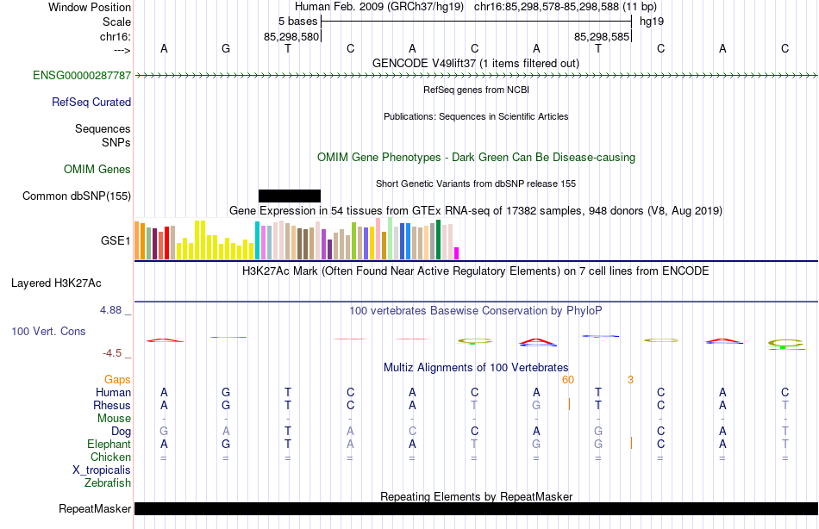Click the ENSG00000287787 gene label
(82, 76)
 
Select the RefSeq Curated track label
(91, 102)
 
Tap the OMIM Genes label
(97, 169)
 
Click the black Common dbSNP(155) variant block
(289, 196)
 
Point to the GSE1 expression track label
(116, 241)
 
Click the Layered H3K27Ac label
(68, 283)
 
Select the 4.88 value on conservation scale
(113, 310)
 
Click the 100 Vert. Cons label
(49, 332)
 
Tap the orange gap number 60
(568, 379)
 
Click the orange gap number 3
(630, 379)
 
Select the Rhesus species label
(112, 405)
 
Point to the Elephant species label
(109, 444)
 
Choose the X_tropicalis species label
(102, 470)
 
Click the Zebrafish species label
(109, 482)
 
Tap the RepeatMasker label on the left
(95, 508)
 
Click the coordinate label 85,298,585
(602, 37)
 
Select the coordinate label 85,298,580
(291, 37)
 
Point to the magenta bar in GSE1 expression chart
(456, 253)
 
